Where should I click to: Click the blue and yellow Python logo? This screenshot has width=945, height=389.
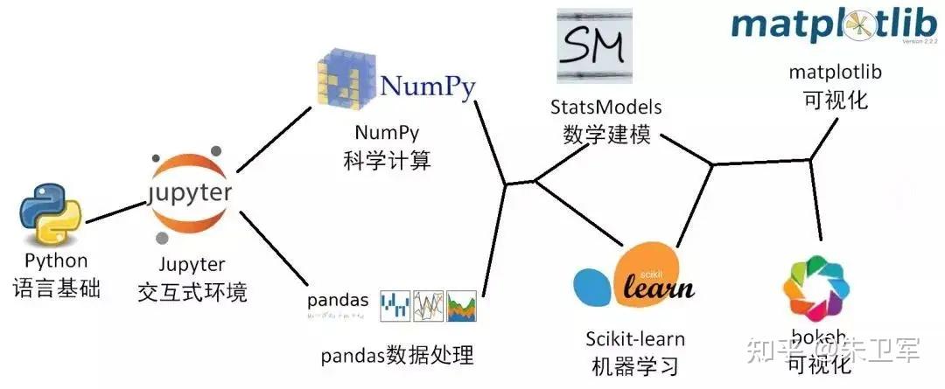[50, 212]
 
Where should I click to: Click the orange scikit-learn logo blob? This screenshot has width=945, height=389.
[659, 280]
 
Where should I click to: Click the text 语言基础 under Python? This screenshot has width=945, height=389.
[56, 288]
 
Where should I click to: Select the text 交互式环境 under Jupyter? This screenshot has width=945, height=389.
[192, 291]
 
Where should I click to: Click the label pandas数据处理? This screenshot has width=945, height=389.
[396, 356]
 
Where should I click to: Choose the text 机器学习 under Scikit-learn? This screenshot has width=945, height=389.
[634, 365]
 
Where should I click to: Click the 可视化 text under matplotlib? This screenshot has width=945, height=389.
[835, 100]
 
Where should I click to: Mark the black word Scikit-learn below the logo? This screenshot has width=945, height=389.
[634, 338]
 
